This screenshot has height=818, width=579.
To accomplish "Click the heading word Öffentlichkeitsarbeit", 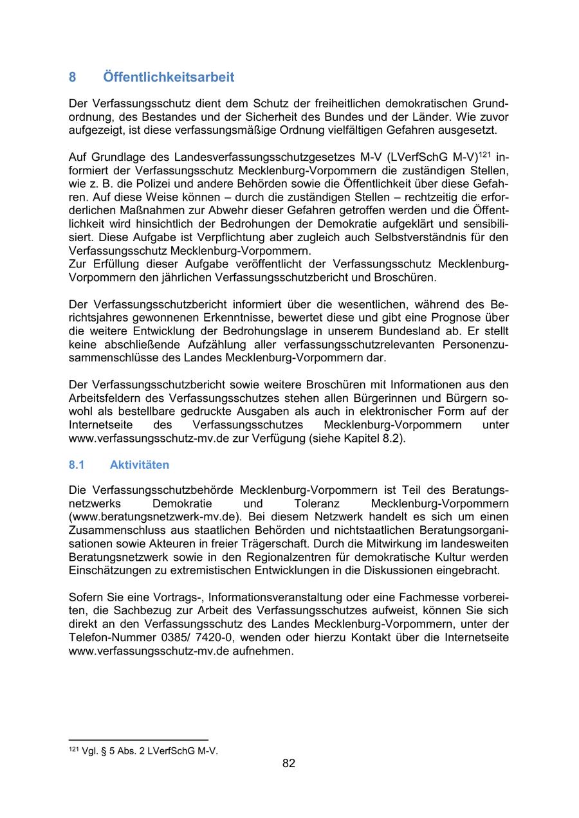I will (x=169, y=77).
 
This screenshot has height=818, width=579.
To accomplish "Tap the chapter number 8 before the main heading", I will (x=73, y=77).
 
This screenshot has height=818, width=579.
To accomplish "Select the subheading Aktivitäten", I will (x=140, y=464).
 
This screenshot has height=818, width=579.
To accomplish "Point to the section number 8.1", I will (x=77, y=464).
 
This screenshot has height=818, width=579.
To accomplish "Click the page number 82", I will (x=289, y=763).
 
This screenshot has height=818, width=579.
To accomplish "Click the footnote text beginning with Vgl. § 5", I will (x=150, y=750).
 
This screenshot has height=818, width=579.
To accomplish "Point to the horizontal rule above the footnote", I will (x=138, y=740).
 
